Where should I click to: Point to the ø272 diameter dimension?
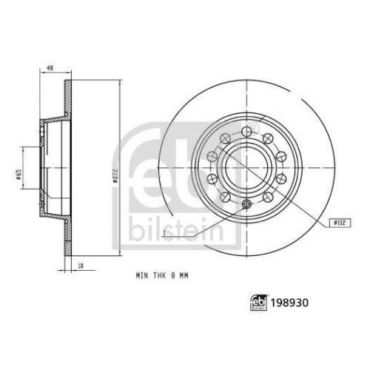click(x=116, y=176)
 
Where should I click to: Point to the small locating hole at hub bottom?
click(x=245, y=206)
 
